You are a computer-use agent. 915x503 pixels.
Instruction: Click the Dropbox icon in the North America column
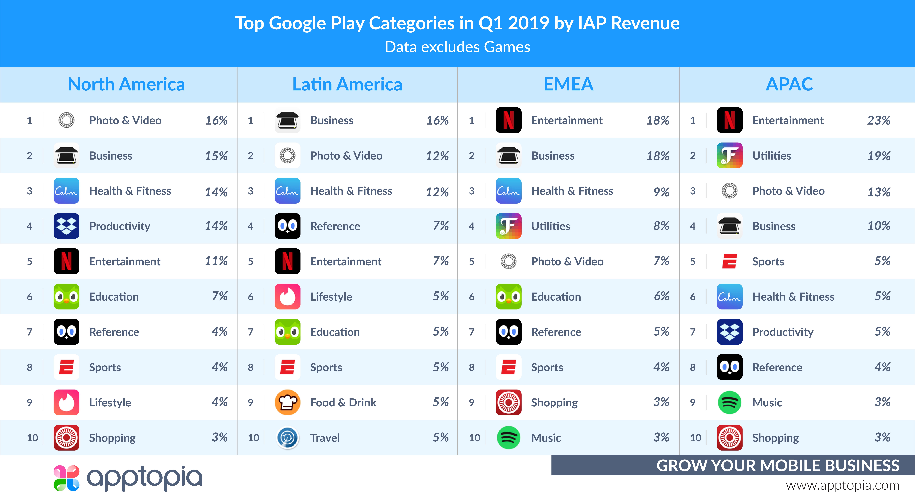tap(66, 226)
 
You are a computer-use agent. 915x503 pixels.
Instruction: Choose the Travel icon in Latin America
tap(287, 438)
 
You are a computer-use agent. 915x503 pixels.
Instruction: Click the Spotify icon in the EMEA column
tap(508, 438)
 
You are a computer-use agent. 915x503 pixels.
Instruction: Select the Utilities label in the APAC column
tap(772, 156)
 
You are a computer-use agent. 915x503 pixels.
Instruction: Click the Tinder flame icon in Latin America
tap(287, 297)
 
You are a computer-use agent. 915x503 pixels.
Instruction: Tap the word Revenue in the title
tap(645, 23)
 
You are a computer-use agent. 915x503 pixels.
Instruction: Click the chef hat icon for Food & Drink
tap(287, 402)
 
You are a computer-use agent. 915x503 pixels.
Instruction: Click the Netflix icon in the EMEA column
tap(508, 120)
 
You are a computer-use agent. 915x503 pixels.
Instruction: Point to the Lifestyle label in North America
tap(110, 402)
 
